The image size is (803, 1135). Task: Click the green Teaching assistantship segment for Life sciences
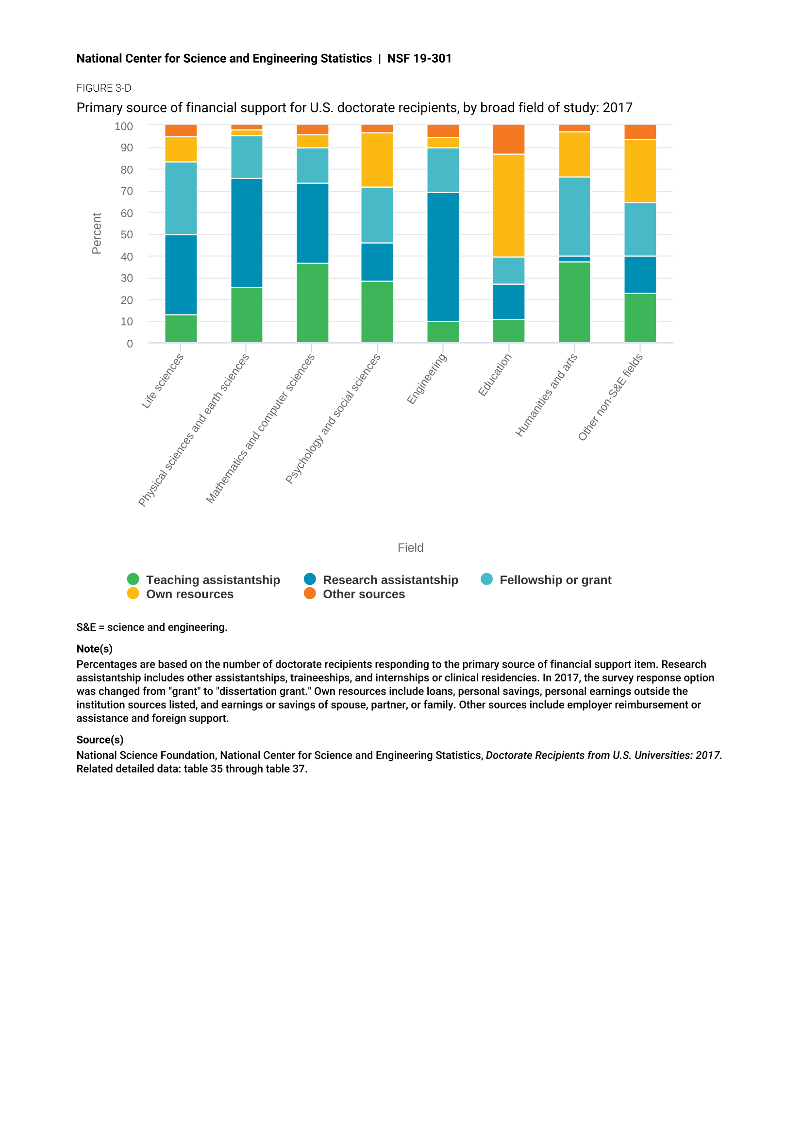tap(181, 329)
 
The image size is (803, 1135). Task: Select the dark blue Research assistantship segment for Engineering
tap(443, 257)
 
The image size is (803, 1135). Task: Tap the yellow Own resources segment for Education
tap(509, 206)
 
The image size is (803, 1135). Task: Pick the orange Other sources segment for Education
tap(509, 139)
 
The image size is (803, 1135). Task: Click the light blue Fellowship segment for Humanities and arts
tap(574, 216)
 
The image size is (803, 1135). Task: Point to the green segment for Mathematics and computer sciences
tap(313, 303)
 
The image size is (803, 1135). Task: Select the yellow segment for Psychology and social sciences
tap(377, 160)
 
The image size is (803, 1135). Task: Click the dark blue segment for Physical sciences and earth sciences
tap(247, 233)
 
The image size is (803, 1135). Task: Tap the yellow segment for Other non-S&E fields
tap(640, 171)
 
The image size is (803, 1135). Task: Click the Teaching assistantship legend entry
tap(204, 580)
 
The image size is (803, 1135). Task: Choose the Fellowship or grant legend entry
tap(546, 580)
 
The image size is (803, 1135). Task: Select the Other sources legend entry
tap(354, 594)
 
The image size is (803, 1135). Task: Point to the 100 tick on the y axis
tap(124, 127)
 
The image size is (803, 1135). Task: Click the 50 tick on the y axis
tap(127, 235)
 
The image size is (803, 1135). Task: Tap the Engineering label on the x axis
tap(427, 378)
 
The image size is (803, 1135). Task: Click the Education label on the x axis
tap(494, 375)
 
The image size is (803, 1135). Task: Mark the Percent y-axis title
tap(97, 234)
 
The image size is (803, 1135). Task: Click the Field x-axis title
tap(410, 548)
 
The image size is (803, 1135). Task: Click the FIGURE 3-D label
tap(104, 88)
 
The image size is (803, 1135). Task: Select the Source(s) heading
tap(100, 740)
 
